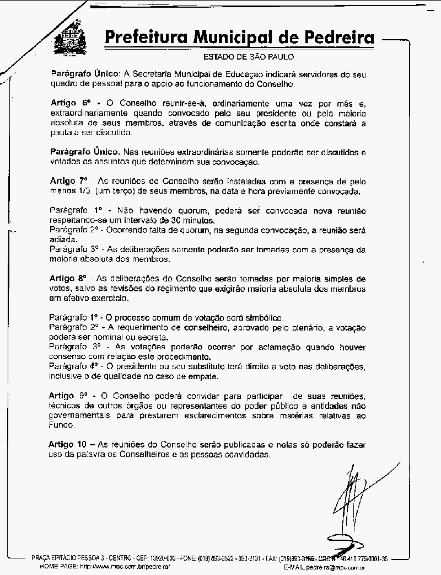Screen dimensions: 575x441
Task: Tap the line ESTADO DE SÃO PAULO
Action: [x=249, y=57]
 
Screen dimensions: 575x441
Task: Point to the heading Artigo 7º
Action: [x=68, y=180]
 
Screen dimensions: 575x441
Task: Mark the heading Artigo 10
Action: [x=68, y=444]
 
